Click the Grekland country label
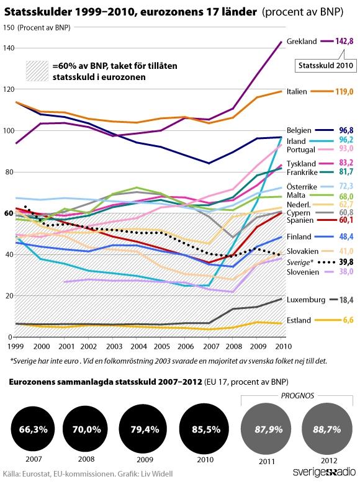(x=302, y=42)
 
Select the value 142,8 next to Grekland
(x=344, y=41)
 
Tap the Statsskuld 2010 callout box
(x=325, y=65)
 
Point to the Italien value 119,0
(x=344, y=92)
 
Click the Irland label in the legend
(x=296, y=141)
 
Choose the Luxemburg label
(x=305, y=300)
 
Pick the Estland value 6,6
(x=348, y=320)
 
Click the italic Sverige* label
(x=300, y=262)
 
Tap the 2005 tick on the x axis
(x=162, y=346)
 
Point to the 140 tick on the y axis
(x=9, y=48)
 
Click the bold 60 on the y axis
(x=9, y=213)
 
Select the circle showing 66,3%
(x=34, y=429)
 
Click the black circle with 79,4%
(x=145, y=429)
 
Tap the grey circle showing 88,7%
(x=327, y=429)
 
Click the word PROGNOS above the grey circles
(x=297, y=396)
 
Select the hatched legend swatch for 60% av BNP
(x=37, y=71)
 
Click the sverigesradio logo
(x=324, y=472)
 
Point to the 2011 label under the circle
(x=267, y=462)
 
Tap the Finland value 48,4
(x=346, y=237)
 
